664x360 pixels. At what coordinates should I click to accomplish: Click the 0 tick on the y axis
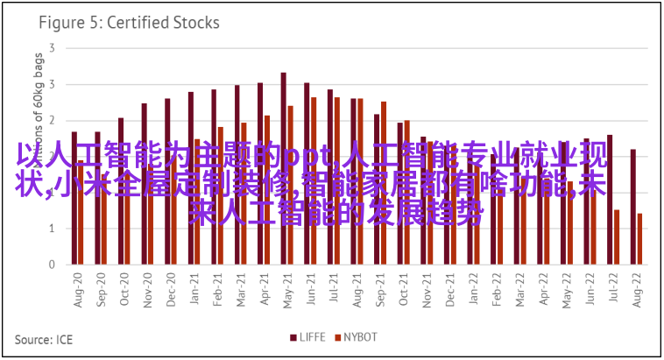pos(53,264)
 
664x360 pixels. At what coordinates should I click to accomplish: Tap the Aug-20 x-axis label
pos(77,288)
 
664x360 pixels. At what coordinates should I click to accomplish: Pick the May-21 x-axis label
pos(286,288)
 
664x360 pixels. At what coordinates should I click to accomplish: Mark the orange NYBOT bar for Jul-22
pos(617,236)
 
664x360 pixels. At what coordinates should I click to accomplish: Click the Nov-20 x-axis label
pos(147,288)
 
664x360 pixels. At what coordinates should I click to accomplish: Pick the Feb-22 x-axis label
pos(497,288)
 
